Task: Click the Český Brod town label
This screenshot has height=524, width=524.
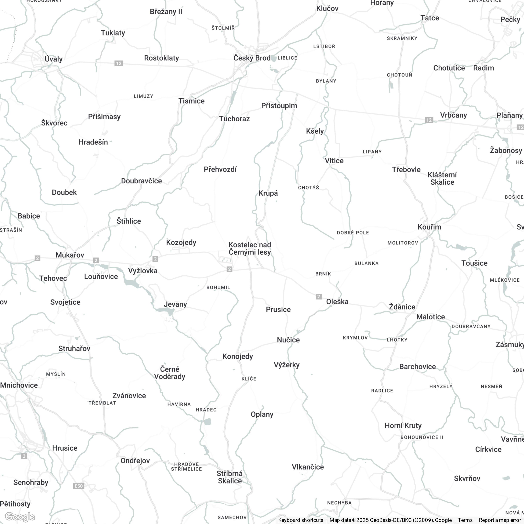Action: point(252,58)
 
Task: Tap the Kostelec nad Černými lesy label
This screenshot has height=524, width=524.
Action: point(250,248)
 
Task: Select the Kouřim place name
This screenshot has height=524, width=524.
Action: point(429,227)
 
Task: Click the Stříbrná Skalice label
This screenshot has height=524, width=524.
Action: point(230,477)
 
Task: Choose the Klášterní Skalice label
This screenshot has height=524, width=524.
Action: point(442,179)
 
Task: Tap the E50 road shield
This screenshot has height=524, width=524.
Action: point(79,486)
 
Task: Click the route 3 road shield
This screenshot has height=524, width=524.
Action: point(24,456)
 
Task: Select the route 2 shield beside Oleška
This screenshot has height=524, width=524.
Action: point(319,296)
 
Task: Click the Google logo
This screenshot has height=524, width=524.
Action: point(20,517)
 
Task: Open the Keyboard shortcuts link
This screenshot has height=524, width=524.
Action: point(300,520)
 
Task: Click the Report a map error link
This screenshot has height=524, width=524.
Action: point(500,520)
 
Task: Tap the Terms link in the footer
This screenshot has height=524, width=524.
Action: point(465,520)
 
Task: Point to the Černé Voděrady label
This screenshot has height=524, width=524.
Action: point(169,373)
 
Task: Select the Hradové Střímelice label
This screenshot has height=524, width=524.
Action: point(186,467)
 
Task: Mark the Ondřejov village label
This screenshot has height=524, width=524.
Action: point(135,461)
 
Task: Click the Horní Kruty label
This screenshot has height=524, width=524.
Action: point(403,425)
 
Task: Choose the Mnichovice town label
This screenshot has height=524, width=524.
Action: point(19,385)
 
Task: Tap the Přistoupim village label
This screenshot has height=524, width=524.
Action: point(279,106)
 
